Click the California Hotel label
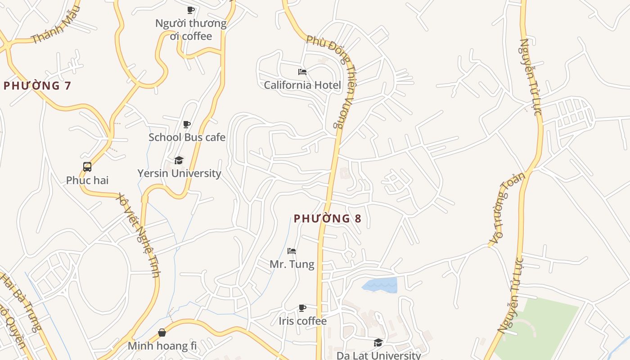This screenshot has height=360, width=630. coord(302,85)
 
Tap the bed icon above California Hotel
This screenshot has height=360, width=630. coord(302,72)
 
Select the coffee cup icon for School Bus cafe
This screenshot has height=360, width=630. coord(187,124)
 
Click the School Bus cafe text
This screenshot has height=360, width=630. coord(187,137)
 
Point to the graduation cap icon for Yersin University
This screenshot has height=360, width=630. coord(179,160)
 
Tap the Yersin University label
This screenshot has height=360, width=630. coord(179,173)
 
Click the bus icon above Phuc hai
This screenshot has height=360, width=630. coord(87,167)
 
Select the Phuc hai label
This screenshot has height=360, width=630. coord(87,180)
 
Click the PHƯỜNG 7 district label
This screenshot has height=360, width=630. coord(37,85)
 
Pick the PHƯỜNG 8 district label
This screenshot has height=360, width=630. coord(327,219)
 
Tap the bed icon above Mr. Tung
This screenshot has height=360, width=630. coord(292,251)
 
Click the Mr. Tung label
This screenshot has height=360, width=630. coord(292,264)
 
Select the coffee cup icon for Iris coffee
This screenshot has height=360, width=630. coord(302,308)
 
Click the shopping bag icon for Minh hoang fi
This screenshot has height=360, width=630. coord(162,333)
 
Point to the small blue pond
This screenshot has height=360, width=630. coord(380,285)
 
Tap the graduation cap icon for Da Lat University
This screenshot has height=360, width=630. coord(378,343)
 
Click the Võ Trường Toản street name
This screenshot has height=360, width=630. coord(507,208)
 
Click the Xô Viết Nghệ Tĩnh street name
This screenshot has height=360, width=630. coord(138,235)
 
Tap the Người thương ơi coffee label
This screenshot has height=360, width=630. coord(191,29)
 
